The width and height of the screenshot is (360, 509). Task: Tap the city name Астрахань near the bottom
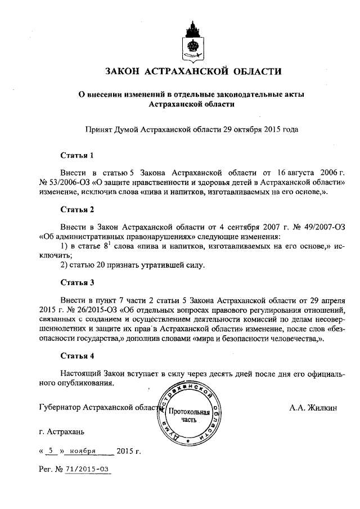point(61,433)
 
